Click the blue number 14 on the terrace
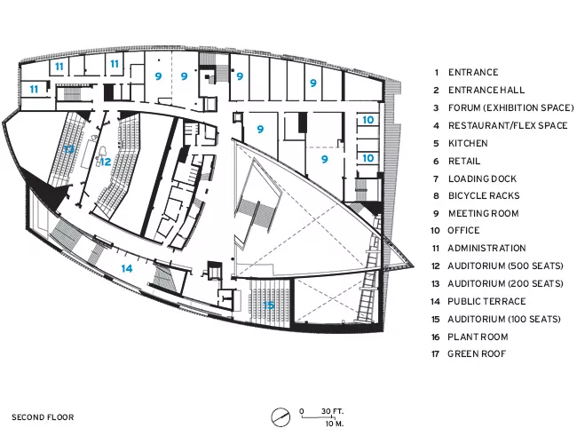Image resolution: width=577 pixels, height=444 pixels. click(x=127, y=268)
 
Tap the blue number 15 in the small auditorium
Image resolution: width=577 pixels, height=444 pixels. click(x=269, y=305)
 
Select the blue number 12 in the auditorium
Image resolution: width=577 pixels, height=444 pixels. click(x=106, y=162)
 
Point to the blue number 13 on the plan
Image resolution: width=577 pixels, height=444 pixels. click(x=69, y=149)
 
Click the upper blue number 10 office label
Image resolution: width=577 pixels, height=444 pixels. click(x=368, y=120)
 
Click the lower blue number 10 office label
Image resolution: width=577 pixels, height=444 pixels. click(x=368, y=158)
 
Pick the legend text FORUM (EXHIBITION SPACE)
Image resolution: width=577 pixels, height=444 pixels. click(x=510, y=107)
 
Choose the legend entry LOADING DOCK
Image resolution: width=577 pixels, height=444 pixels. click(x=482, y=178)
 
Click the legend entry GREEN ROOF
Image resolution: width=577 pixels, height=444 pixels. click(x=477, y=353)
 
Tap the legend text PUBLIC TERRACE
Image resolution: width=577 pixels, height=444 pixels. click(x=486, y=302)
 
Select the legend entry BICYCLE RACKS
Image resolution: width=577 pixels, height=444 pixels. click(x=484, y=196)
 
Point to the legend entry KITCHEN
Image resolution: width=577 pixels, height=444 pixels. click(x=468, y=143)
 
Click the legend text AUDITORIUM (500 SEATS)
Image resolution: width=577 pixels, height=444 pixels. click(x=505, y=266)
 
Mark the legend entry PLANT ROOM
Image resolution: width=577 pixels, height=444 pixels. click(x=478, y=337)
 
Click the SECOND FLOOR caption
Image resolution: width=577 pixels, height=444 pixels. click(x=43, y=417)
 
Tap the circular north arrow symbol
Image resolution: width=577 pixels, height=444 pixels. click(x=281, y=417)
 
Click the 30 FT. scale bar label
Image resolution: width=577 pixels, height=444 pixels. click(x=332, y=411)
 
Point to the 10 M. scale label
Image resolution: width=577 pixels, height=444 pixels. click(x=334, y=424)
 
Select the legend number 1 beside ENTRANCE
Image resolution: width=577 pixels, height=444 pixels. click(x=437, y=73)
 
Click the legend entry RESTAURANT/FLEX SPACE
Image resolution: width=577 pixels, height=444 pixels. click(x=508, y=125)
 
